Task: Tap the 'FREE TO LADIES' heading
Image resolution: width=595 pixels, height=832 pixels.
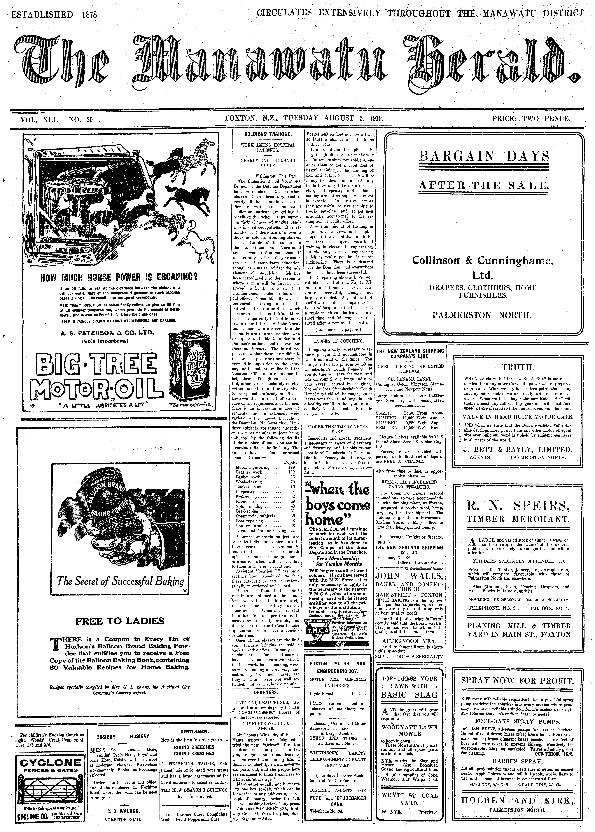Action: tap(120, 621)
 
